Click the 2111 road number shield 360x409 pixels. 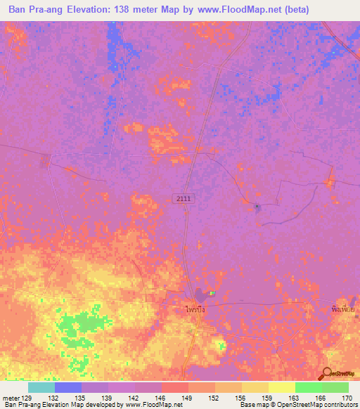184,199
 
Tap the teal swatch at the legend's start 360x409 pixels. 41,387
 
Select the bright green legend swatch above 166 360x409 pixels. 308,387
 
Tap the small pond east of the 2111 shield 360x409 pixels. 257,207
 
